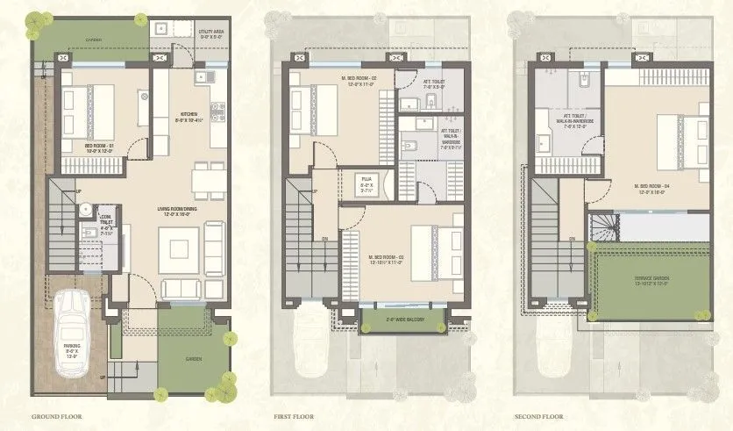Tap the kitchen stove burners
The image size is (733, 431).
point(217,111)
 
